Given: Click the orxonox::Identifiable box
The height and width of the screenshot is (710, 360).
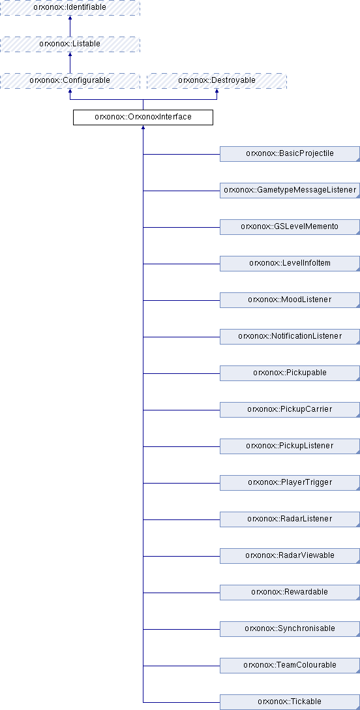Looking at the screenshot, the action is pos(70,8).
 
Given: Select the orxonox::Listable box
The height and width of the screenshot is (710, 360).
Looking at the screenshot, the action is pos(70,44).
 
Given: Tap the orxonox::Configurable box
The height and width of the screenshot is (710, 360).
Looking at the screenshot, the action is pos(70,81).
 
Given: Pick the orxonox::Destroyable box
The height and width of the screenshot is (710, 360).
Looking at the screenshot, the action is pos(217,81).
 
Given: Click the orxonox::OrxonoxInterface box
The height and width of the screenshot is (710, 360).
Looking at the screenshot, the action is pos(143,117).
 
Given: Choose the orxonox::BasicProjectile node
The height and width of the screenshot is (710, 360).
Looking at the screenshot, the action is pos(290,154).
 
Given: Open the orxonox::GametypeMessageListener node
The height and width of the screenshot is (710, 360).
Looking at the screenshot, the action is pos(290,190).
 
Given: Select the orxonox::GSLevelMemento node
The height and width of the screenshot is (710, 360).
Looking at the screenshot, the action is pos(290,227).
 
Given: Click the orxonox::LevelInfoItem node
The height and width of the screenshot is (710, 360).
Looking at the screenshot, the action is pos(290,264).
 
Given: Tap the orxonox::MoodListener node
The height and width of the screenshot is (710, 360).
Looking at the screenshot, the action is pos(290,300).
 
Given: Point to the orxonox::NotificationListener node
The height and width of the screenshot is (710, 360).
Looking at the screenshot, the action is pos(290,337).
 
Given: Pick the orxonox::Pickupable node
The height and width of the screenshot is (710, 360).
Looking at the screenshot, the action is pos(290,373).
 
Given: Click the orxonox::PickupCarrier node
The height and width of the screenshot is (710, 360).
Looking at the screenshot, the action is pos(290,409).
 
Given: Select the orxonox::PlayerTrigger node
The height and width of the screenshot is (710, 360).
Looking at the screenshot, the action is pos(290,483).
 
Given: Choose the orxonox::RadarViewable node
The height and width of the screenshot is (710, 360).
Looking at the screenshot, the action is pos(290,555).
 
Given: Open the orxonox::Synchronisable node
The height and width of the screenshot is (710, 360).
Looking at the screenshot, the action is pos(290,628).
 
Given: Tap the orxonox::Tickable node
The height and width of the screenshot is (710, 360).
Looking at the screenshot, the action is pos(290,702).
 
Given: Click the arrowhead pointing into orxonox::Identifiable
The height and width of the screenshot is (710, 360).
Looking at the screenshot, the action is pos(70,18).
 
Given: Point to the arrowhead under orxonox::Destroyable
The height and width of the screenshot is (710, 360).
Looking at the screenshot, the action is pos(217,91).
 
